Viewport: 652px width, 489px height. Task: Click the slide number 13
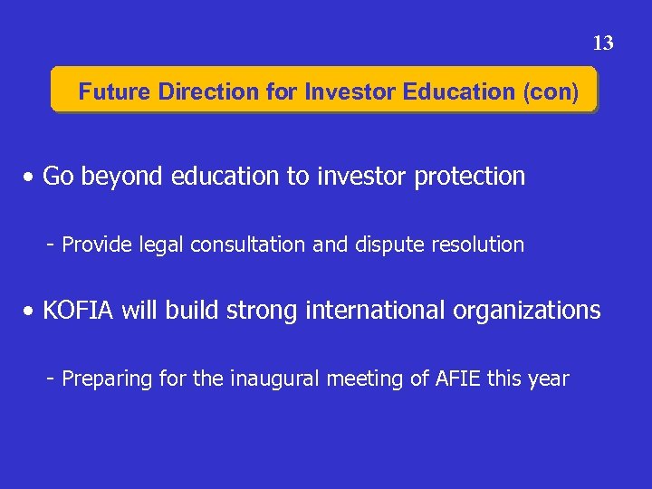coord(603,43)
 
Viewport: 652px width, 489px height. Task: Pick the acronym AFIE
coord(458,379)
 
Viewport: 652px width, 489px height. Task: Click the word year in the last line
coord(548,379)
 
